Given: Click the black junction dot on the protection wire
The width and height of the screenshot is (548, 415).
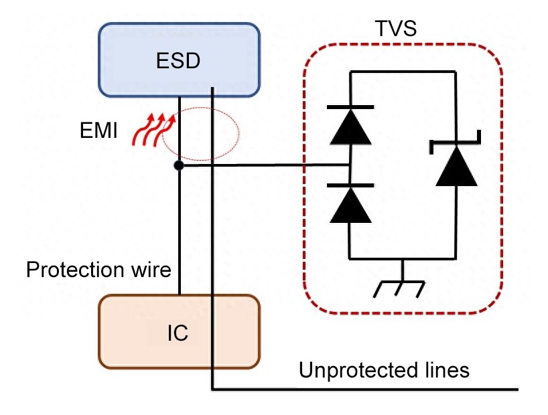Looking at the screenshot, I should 178,165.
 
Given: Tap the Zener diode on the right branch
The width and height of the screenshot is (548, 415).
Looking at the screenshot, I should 456,164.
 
